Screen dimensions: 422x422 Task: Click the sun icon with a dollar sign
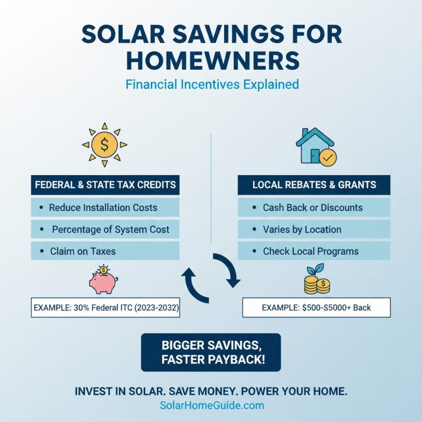coord(104,144)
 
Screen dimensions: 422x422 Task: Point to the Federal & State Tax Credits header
coord(105,185)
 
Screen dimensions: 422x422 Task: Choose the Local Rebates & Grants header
coord(314,185)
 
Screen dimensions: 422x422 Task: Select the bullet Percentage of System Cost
coord(105,229)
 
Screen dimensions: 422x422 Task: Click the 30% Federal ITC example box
coord(105,307)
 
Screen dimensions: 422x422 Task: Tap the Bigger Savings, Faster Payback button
coord(211,352)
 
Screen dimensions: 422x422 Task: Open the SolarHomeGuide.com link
coord(211,405)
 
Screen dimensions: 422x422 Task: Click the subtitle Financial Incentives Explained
coord(211,84)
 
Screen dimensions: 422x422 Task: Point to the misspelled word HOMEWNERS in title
coord(211,60)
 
